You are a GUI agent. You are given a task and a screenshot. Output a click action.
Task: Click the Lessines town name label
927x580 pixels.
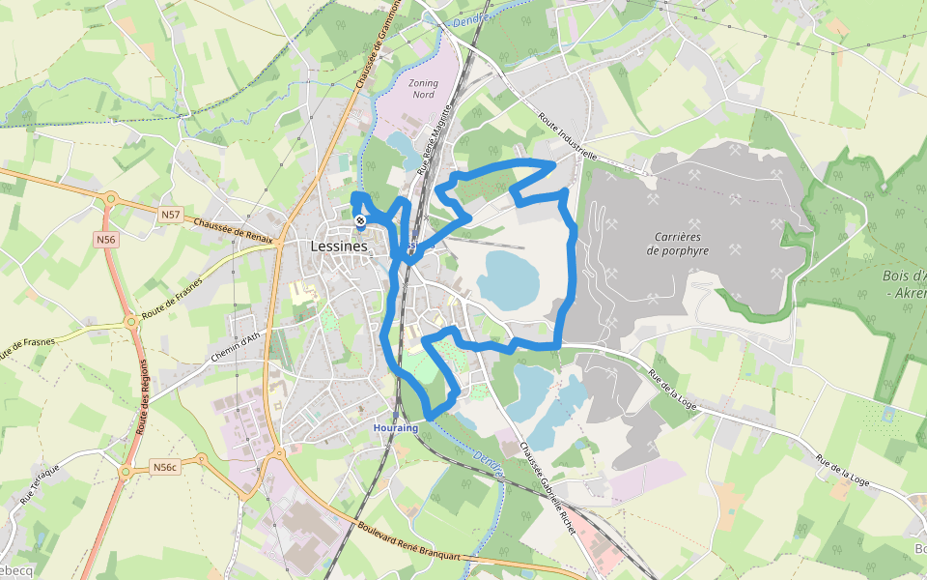coord(340,246)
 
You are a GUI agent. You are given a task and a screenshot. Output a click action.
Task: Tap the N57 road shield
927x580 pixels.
coord(171,214)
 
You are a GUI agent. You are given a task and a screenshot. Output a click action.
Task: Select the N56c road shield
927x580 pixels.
coord(165,468)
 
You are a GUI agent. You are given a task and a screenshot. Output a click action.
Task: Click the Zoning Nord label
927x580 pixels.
coord(423,89)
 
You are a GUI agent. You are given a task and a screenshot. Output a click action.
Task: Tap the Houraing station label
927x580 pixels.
coord(396,426)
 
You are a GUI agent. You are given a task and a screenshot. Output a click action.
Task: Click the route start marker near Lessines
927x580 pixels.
coord(359,221)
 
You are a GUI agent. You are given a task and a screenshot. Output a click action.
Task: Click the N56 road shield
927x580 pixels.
coord(105,239)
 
